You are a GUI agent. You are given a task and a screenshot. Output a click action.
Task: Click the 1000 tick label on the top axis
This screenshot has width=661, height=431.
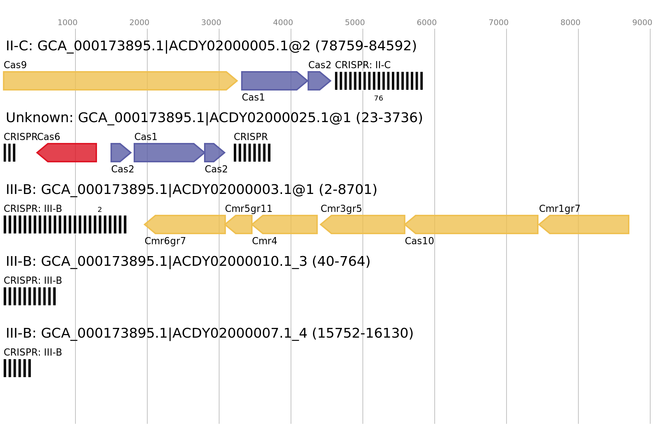(68, 23)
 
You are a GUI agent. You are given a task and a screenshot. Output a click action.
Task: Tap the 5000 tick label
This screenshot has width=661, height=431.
(355, 23)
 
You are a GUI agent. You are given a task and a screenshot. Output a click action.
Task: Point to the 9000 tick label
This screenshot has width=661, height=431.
(642, 23)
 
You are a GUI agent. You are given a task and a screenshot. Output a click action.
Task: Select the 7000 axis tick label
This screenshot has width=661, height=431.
(499, 23)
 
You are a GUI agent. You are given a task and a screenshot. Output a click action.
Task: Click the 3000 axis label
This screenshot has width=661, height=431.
(211, 23)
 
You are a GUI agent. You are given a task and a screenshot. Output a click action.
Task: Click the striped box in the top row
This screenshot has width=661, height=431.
(379, 81)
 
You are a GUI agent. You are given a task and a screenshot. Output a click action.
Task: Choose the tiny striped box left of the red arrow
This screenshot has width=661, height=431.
(9, 153)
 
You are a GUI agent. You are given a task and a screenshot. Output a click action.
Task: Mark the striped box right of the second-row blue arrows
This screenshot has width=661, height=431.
(252, 153)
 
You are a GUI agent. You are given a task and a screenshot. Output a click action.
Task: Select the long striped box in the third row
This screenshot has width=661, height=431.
(65, 224)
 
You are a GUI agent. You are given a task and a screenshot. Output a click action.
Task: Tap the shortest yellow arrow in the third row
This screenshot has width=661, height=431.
(239, 224)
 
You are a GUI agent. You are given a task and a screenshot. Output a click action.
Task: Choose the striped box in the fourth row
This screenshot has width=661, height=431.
(29, 296)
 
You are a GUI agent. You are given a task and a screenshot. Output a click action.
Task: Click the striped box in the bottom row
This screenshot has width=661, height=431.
(17, 368)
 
